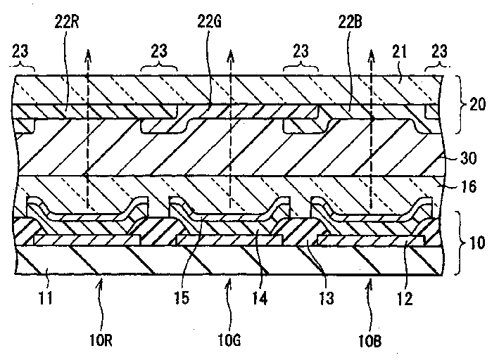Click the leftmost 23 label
click(21, 51)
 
